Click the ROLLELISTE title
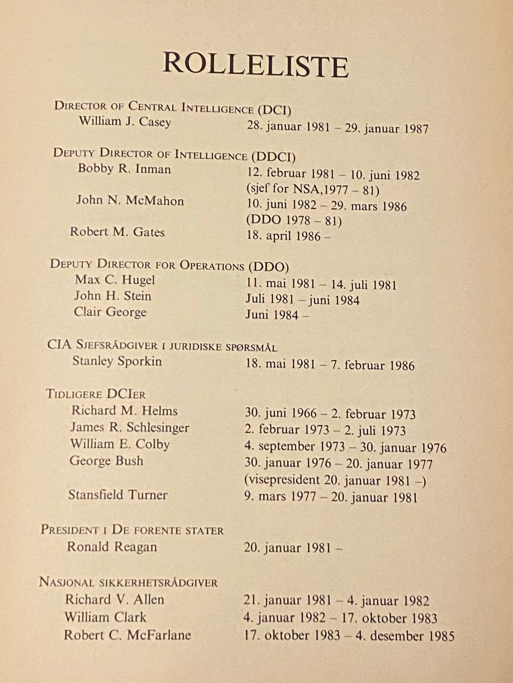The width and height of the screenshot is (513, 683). tap(255, 65)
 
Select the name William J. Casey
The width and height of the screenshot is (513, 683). tap(125, 121)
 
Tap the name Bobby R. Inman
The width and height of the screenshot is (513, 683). tap(125, 169)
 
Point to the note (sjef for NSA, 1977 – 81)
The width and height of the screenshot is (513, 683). tap(313, 189)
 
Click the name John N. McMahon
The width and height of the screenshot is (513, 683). tap(130, 201)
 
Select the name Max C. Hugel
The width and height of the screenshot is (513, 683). tap(115, 280)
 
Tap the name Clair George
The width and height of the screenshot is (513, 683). tap(110, 312)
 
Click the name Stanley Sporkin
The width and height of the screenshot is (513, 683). tap(117, 361)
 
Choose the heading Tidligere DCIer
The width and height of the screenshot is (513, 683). tap(96, 394)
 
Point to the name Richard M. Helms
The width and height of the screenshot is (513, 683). tap(125, 411)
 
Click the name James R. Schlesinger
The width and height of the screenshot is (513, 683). tap(130, 427)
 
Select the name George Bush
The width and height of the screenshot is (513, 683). tap(106, 461)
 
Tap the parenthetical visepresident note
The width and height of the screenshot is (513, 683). tap(335, 480)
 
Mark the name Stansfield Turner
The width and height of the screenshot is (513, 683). tap(118, 495)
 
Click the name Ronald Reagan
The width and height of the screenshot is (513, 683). tap(112, 547)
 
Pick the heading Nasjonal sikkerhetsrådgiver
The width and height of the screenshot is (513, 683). tap(128, 582)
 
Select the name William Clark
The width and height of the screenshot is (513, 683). tap(105, 617)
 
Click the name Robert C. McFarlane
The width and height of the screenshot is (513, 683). tap(127, 635)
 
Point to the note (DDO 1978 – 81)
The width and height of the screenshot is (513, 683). tap(293, 220)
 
